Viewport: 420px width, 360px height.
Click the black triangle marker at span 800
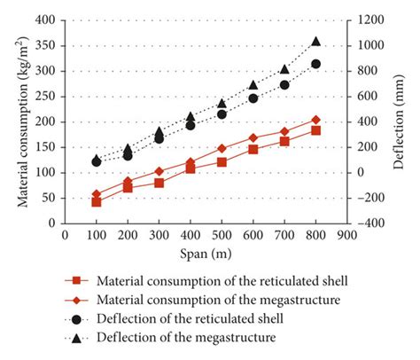316,42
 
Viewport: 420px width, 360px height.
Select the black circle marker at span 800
316,64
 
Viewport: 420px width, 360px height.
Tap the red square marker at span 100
97,202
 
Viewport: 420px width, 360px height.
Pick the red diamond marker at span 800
316,120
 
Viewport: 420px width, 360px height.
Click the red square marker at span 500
222,162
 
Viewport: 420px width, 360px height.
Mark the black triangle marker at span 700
284,69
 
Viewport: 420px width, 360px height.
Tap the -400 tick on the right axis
364,223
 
